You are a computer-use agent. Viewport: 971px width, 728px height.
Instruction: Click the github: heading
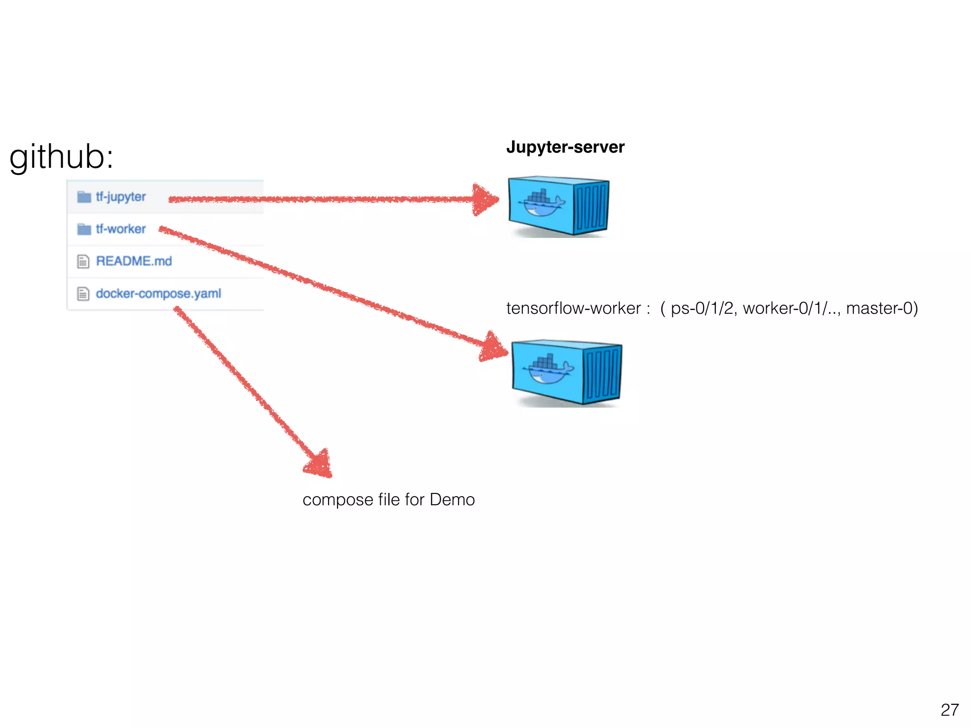tap(61, 157)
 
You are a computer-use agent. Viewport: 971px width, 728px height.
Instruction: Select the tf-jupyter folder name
tap(120, 197)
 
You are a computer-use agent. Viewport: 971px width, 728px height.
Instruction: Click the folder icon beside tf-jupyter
tap(84, 197)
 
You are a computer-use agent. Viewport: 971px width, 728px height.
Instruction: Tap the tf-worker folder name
tap(120, 229)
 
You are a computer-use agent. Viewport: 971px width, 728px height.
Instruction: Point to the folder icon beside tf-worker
tap(84, 229)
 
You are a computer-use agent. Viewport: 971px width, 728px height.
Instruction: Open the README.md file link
tap(134, 261)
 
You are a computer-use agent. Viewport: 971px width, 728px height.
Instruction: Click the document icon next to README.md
tap(83, 262)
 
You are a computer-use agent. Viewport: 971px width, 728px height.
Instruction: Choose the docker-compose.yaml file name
tap(158, 293)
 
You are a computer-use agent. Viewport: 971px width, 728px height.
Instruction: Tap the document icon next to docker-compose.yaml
tap(83, 294)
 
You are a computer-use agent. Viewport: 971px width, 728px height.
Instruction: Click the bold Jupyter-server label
tap(565, 147)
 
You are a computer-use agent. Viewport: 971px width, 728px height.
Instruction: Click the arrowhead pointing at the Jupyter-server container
tap(485, 200)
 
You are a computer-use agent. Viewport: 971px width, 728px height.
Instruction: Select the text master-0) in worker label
tap(882, 308)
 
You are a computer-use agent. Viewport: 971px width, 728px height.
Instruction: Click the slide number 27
tap(949, 710)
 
